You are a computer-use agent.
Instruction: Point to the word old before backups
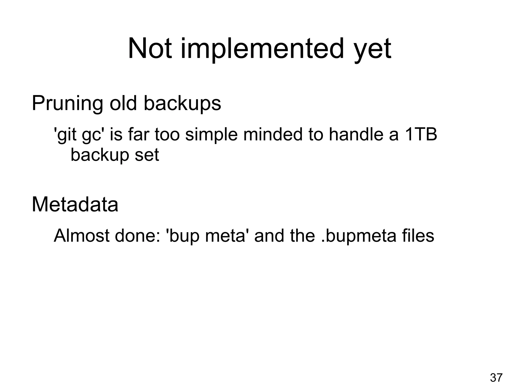pyautogui.click(x=123, y=103)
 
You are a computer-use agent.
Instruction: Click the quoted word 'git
pyautogui.click(x=65, y=135)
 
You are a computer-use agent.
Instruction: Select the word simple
pyautogui.click(x=211, y=135)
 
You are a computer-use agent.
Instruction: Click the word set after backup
pyautogui.click(x=147, y=155)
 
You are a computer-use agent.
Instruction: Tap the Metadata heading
pyautogui.click(x=75, y=205)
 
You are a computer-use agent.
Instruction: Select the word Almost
pyautogui.click(x=82, y=236)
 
